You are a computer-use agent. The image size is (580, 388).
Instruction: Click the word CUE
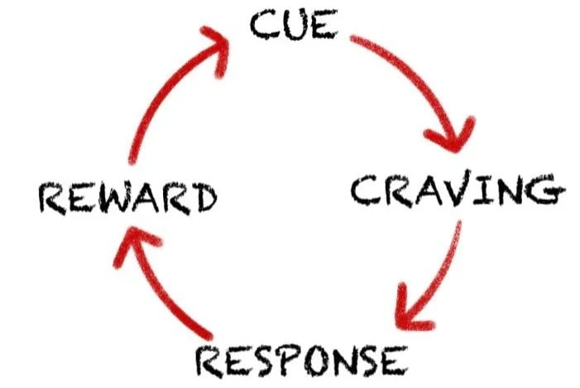[294, 25]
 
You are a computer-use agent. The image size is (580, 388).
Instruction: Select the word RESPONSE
[300, 361]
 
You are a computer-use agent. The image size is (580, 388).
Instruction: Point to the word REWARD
[127, 198]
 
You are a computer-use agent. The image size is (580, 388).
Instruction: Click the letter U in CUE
[294, 25]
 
